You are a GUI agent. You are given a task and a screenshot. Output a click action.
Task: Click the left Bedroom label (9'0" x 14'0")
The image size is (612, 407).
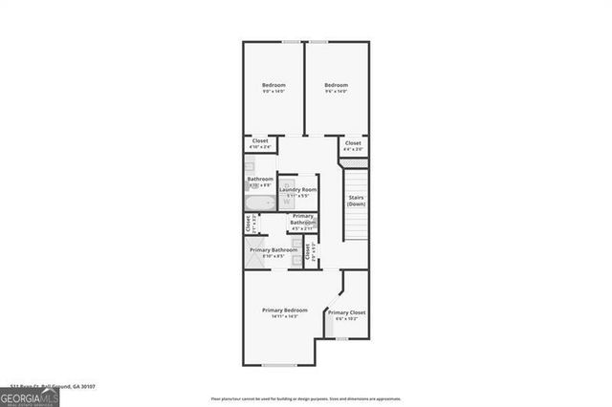(x=274, y=85)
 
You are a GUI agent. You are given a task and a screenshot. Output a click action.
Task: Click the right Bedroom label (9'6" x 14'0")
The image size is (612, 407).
(x=336, y=85)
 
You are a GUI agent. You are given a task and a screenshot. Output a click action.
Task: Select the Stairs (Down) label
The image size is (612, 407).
(x=356, y=201)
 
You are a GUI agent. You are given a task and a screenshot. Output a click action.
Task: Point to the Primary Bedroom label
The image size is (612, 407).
(x=285, y=311)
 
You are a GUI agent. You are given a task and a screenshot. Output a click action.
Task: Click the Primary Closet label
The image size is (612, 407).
(x=346, y=312)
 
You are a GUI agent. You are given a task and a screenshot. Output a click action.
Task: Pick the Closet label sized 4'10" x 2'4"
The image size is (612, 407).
(x=260, y=143)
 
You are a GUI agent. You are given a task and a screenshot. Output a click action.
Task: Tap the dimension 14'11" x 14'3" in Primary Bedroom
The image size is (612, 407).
(x=285, y=316)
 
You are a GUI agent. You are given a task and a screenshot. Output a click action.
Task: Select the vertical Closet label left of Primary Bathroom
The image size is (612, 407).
(x=248, y=224)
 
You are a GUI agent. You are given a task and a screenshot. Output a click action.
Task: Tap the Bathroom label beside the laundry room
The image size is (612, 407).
(x=260, y=179)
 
